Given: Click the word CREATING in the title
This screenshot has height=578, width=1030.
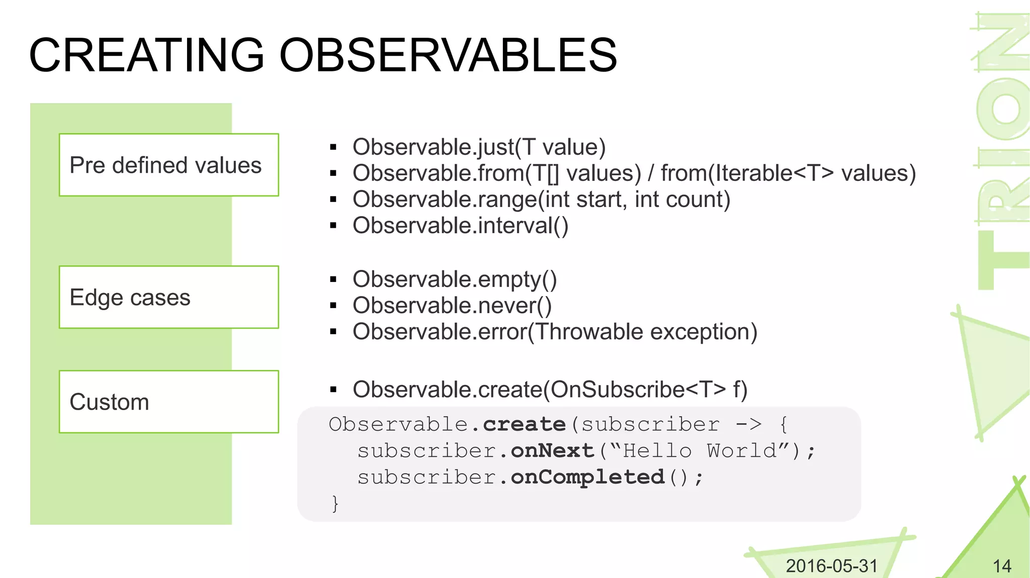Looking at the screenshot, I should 146,55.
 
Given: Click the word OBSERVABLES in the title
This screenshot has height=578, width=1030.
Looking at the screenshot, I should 448,55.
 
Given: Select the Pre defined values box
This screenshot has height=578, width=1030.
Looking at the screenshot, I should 168,165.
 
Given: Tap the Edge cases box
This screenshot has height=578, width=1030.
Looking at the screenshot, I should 168,297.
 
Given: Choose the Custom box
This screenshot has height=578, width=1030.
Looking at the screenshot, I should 168,402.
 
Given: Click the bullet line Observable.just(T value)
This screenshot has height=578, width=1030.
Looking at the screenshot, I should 479,147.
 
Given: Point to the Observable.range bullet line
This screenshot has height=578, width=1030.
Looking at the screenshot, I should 541,200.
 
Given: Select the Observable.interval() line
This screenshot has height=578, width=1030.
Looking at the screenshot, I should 460,226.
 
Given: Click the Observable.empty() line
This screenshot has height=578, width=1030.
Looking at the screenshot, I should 455,279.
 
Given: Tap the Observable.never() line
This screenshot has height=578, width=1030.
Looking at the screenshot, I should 452,306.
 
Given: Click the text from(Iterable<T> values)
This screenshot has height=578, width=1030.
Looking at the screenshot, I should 788,173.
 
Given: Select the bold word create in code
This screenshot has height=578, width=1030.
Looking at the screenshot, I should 524,425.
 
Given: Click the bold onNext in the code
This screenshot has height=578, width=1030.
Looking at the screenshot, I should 552,451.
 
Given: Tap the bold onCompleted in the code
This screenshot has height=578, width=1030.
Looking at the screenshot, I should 587,477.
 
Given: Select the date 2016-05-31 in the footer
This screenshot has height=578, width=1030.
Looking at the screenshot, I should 831,566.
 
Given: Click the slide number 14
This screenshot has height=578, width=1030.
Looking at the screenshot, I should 1002,566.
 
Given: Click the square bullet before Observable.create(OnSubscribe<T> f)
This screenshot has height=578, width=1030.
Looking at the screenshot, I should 333,390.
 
